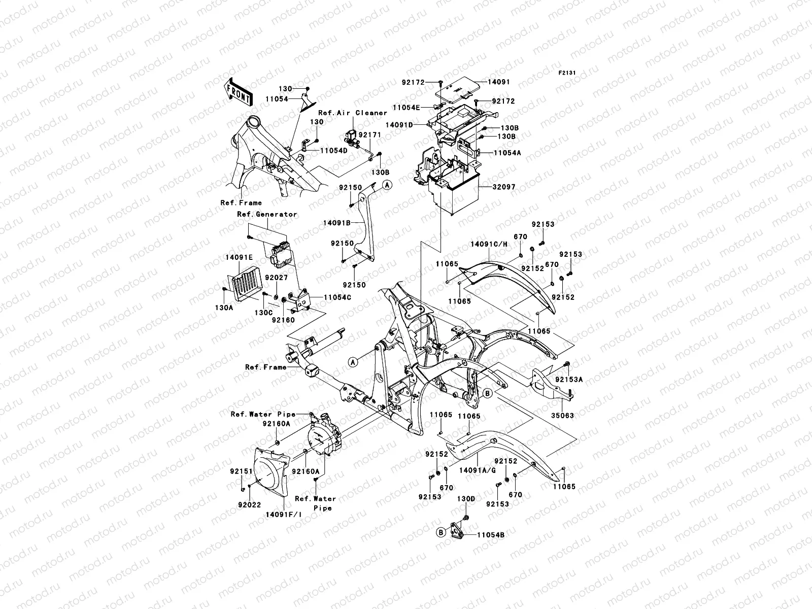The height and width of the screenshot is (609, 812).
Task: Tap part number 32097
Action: tap(503, 187)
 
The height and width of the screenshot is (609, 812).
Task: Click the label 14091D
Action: tap(413, 124)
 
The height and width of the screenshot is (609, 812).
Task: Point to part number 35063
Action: tap(563, 416)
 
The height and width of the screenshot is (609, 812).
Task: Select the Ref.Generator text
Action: tap(267, 214)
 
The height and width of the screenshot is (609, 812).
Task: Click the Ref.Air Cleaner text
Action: tap(353, 113)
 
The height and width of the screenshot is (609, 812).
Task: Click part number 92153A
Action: tap(568, 380)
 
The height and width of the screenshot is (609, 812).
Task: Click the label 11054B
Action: tap(490, 534)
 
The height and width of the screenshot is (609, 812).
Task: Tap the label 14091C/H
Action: tap(489, 244)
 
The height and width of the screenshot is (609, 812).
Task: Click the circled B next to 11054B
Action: tap(442, 532)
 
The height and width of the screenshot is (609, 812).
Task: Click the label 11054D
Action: tap(333, 151)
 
